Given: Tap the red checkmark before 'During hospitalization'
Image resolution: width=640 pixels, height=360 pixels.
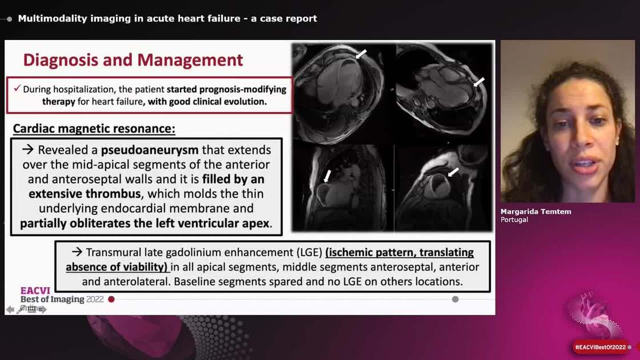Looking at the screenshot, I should click(x=18, y=89).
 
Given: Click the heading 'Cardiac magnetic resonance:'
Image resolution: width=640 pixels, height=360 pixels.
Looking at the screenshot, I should click(x=94, y=129).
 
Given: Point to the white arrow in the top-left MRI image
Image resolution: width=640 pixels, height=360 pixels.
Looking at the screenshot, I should click(x=361, y=54).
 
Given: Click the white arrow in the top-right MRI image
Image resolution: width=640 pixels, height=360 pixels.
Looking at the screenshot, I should click(x=479, y=82).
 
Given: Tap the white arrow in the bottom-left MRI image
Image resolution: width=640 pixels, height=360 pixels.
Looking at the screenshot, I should click(x=327, y=175).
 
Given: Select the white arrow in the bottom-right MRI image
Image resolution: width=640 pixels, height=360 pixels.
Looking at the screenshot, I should click(x=453, y=171).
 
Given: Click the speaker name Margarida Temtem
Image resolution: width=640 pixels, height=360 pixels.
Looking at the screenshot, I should click(x=535, y=211).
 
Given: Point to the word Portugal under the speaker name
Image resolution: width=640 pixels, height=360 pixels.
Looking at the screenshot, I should click(x=514, y=219).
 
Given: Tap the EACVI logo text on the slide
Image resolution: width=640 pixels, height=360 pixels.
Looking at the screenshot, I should click(x=35, y=290).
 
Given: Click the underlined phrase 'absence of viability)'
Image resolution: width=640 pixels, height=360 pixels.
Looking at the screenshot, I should click(x=117, y=267).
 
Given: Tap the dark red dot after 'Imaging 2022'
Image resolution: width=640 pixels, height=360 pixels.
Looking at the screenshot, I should click(x=111, y=299).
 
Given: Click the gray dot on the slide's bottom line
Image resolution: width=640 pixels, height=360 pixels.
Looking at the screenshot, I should click(x=455, y=299).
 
